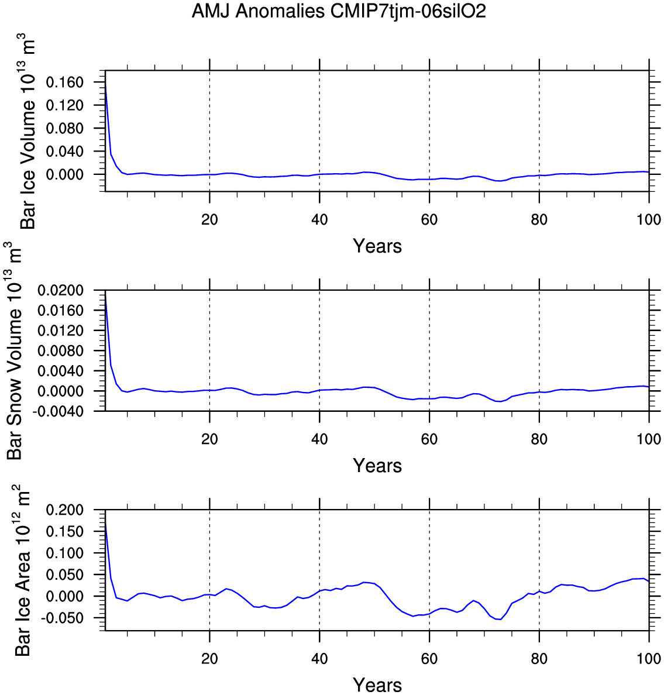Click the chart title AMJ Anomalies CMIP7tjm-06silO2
[339, 11]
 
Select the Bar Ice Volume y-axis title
[28, 132]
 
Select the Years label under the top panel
[377, 246]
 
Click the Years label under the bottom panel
[377, 685]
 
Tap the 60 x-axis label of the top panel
[429, 220]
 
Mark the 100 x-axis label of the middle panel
[649, 439]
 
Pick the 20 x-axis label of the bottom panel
[209, 659]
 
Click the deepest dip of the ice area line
[499, 619]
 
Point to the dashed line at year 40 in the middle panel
[319, 351]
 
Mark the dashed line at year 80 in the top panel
[539, 129]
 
